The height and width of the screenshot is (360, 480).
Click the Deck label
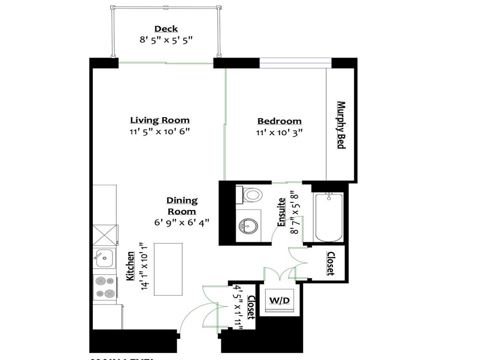pyautogui.click(x=166, y=29)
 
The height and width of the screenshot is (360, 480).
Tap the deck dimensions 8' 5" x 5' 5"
pyautogui.click(x=166, y=40)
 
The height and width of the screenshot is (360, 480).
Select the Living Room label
pyautogui.click(x=160, y=120)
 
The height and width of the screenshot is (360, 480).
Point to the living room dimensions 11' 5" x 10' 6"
pyautogui.click(x=160, y=132)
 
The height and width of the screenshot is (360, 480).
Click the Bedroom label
pyautogui.click(x=279, y=121)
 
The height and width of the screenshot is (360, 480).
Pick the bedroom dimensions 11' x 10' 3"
pyautogui.click(x=279, y=133)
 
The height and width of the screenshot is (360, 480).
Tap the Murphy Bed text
pyautogui.click(x=341, y=125)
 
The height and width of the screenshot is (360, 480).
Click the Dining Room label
pyautogui.click(x=182, y=206)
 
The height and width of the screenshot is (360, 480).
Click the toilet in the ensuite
pyautogui.click(x=252, y=195)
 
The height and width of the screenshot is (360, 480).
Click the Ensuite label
pyautogui.click(x=282, y=212)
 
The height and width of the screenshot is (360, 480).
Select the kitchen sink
pyautogui.click(x=103, y=256)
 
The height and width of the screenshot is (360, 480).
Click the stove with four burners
pyautogui.click(x=104, y=287)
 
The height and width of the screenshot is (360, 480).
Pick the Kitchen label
pyautogui.click(x=131, y=266)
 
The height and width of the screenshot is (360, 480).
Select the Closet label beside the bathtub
pyautogui.click(x=330, y=263)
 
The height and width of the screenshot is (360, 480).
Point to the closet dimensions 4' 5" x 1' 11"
pyautogui.click(x=239, y=307)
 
